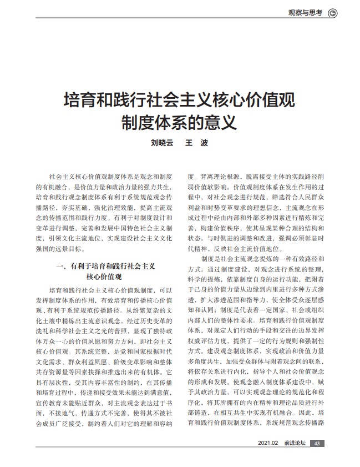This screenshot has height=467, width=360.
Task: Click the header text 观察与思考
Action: point(306,12)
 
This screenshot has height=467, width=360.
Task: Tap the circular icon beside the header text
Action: point(333,13)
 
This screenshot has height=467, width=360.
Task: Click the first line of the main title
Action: point(180,101)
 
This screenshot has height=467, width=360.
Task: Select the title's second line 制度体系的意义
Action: point(180,121)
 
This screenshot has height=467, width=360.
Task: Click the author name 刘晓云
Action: point(162,142)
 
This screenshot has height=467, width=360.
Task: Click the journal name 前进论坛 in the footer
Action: point(293,443)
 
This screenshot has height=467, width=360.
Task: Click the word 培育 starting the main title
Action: point(76,101)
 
